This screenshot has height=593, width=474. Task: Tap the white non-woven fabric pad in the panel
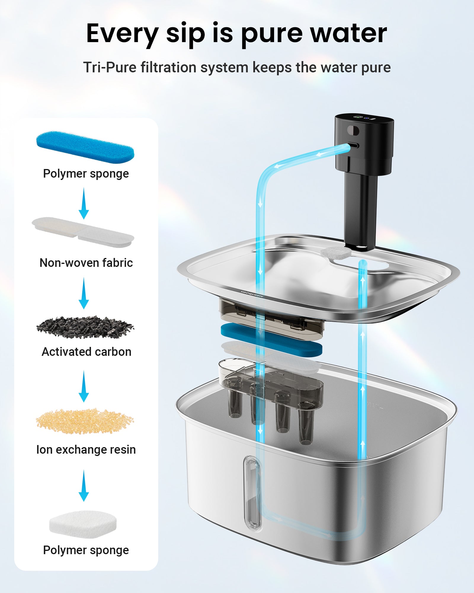[x=83, y=232]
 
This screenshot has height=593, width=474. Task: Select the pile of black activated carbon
[x=85, y=327]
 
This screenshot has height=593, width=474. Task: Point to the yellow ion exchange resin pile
[x=85, y=421]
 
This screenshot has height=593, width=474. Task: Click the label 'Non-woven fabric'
[x=86, y=263]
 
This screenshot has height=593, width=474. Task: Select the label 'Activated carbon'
[x=87, y=352]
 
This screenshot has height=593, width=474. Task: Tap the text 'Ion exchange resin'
[x=86, y=449]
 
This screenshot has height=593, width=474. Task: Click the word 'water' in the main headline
[x=348, y=33]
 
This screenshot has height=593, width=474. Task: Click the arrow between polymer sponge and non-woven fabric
[x=84, y=204]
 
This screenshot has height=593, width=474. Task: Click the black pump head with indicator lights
[x=364, y=142]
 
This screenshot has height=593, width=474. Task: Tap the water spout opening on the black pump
[x=355, y=146]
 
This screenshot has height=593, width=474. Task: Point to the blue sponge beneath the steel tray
[x=271, y=339]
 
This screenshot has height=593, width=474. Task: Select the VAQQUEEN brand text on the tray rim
[x=252, y=294]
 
